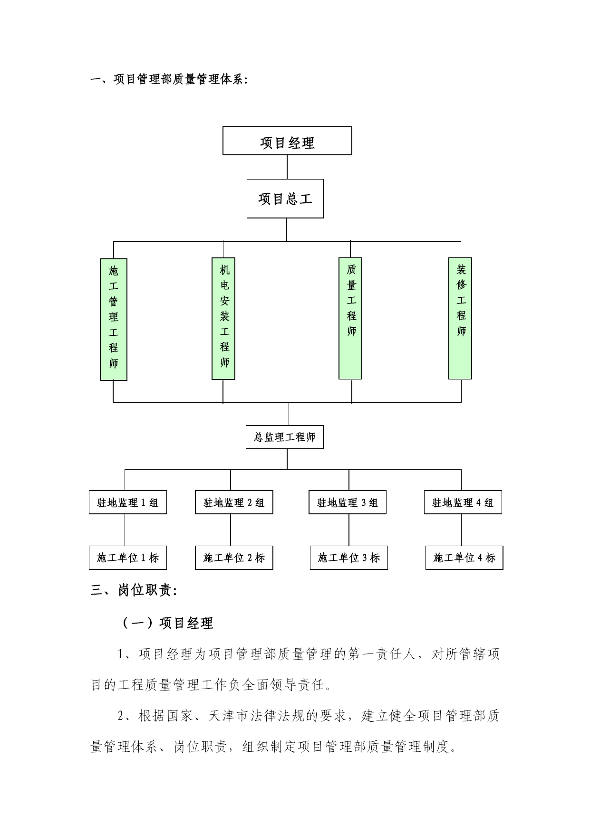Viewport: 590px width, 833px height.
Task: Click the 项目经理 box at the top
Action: point(287,141)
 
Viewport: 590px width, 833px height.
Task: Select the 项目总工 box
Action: point(285,199)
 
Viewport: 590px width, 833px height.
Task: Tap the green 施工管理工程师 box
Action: point(114,319)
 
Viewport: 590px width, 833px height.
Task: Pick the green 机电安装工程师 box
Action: point(223,319)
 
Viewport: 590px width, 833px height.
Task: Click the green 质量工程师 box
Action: point(350,318)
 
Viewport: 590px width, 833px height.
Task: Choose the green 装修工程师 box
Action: point(460,318)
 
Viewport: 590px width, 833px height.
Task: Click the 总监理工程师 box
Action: point(285,437)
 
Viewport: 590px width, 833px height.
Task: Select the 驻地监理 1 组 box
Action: point(128,502)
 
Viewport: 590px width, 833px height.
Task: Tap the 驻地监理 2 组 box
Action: point(234,502)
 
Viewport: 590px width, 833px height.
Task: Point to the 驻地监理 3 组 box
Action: point(348,502)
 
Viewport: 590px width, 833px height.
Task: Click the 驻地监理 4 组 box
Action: point(463,502)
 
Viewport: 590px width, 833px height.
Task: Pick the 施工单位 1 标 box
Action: point(128,558)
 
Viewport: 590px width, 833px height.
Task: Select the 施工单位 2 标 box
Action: point(234,558)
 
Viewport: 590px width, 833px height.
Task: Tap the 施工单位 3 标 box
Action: point(349,558)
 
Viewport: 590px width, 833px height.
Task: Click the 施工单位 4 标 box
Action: point(464,558)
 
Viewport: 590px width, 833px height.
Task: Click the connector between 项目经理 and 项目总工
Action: point(287,167)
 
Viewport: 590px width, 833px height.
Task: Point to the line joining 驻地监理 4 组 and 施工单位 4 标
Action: point(461,530)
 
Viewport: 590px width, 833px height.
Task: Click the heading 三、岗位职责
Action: point(134,590)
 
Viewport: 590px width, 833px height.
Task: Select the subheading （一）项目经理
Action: point(167,623)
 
